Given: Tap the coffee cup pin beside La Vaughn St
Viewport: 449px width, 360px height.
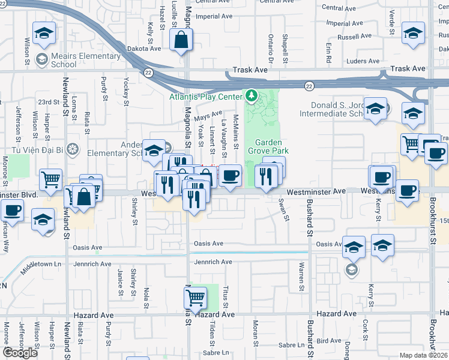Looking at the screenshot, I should tap(230, 176).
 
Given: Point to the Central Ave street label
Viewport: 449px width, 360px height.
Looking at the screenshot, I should tap(339, 8).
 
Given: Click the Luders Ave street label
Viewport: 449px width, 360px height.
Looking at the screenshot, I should tap(363, 61).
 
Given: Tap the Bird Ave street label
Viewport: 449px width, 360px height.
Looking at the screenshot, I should tap(329, 341).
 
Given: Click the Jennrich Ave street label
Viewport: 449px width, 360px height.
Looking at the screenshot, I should tap(212, 262).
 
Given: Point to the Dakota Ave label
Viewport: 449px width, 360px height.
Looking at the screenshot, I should tap(144, 49).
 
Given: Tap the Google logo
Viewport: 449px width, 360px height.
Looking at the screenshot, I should tap(20, 353).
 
